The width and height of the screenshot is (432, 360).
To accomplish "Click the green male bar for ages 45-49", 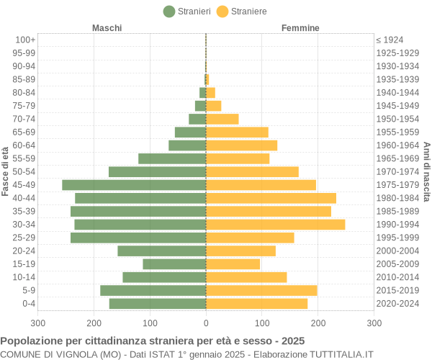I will click(134, 185).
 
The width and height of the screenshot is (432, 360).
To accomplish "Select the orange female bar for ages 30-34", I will click(275, 225).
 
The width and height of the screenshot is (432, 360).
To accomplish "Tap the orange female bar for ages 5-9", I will click(261, 290).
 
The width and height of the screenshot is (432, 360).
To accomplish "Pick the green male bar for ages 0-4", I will click(158, 304).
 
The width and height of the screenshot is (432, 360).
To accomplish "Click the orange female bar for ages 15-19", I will click(233, 264).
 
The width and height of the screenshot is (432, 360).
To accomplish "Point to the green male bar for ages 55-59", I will click(172, 158).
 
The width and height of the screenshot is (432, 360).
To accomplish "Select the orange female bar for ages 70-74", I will click(222, 119).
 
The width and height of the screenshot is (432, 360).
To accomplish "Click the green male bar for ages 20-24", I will click(162, 251).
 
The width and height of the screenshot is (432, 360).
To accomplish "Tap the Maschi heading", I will click(107, 28).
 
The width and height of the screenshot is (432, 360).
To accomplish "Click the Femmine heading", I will click(300, 28).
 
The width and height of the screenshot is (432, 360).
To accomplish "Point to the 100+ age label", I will click(25, 40).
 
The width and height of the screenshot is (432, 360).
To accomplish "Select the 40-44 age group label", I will click(24, 198).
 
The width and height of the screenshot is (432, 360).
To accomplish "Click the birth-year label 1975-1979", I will click(397, 185).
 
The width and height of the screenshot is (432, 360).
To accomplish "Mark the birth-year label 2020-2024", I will click(397, 304).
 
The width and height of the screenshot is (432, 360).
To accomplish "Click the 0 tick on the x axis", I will click(206, 324).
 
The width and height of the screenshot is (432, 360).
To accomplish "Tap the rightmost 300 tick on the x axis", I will click(374, 324).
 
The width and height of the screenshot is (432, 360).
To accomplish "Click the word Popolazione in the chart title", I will click(31, 341).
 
